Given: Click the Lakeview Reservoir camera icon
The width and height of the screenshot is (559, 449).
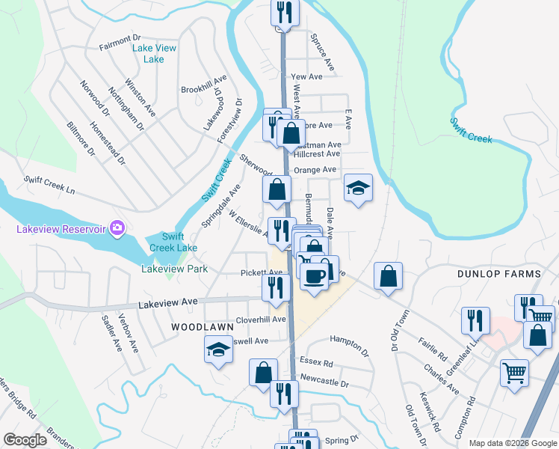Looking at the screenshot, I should [116, 227].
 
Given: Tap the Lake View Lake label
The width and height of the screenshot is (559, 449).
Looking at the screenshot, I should [154, 54].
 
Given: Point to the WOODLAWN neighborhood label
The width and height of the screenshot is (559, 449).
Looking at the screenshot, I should [197, 327].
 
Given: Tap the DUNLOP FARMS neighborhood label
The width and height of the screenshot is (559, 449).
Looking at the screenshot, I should [499, 274].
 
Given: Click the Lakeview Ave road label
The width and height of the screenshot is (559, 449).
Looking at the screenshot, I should [168, 302].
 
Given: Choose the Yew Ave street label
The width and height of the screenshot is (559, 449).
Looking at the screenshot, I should [306, 76].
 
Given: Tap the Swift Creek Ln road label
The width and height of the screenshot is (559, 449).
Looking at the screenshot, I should [49, 185].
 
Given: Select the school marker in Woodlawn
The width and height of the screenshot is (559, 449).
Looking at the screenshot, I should [218, 349].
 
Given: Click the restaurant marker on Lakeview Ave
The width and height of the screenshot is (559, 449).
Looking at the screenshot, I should [276, 287].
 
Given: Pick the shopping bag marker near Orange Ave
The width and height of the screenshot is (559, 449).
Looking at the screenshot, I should [277, 190].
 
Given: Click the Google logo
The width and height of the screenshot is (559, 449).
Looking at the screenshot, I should [25, 440].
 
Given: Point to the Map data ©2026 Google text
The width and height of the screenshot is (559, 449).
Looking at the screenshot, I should [513, 442].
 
